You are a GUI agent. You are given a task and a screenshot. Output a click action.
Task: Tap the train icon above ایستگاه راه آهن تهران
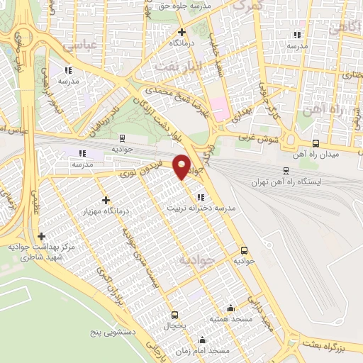click(286, 170)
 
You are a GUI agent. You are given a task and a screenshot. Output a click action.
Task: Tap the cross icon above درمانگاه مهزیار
click(106, 200)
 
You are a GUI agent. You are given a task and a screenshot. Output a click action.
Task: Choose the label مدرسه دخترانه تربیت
click(201, 208)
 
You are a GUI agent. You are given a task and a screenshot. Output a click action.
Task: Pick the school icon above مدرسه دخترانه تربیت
click(201, 197)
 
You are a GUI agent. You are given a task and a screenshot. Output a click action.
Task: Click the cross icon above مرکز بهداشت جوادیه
click(41, 236)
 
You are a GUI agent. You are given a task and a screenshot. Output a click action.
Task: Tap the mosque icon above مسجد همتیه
click(231, 308)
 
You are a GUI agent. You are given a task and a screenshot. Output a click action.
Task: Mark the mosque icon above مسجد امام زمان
click(203, 340)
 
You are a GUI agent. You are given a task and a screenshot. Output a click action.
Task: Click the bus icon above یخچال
click(174, 315)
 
